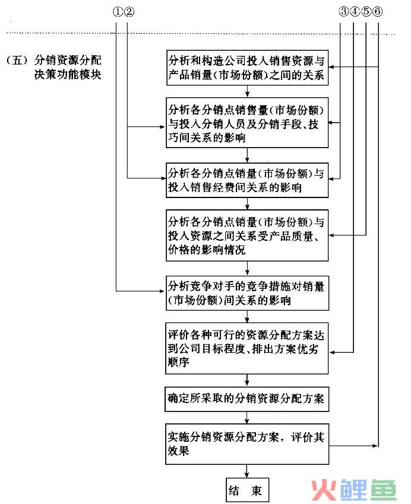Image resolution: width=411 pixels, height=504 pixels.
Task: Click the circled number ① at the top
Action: tap(118, 12)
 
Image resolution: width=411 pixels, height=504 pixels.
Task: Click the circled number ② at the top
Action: tap(129, 12)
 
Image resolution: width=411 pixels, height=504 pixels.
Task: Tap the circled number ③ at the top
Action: tap(343, 12)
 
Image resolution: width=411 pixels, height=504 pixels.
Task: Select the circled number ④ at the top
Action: tap(355, 12)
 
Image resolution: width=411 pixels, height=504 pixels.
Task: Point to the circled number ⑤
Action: tap(366, 12)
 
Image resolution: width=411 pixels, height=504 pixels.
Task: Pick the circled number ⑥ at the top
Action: tap(378, 12)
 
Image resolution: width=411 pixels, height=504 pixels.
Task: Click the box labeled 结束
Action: tap(247, 490)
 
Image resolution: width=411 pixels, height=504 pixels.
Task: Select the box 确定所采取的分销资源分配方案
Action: tap(247, 399)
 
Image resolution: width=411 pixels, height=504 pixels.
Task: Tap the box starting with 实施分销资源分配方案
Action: tap(247, 444)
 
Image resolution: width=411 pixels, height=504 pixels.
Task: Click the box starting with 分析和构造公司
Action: tap(247, 68)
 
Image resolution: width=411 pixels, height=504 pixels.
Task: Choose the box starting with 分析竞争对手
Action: tap(247, 293)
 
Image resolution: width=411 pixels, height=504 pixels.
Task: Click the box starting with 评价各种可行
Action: tap(247, 349)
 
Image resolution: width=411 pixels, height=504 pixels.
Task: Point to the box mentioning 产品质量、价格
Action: tap(247, 235)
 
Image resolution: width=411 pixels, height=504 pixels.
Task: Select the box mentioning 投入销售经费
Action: tap(247, 180)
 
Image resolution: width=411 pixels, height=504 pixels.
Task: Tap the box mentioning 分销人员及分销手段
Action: tap(247, 123)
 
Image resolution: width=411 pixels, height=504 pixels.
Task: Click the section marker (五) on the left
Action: tap(17, 60)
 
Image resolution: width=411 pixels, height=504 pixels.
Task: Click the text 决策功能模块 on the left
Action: tap(68, 75)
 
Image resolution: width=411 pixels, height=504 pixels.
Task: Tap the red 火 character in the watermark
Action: tap(324, 490)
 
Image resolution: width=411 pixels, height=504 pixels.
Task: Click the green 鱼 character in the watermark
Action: tap(383, 490)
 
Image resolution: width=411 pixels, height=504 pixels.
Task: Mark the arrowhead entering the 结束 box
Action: tap(247, 476)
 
